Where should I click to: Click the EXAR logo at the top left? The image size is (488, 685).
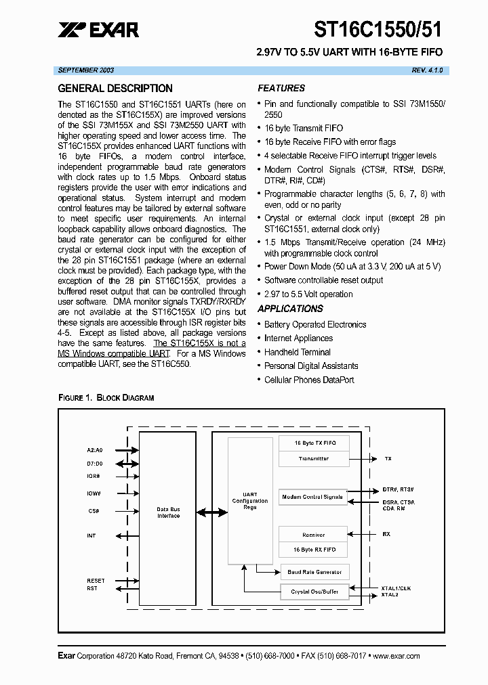coord(98,29)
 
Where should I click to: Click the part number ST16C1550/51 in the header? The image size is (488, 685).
coord(378,28)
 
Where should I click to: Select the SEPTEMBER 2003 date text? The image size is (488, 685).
coord(86,70)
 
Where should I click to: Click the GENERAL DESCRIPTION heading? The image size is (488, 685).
coord(115,89)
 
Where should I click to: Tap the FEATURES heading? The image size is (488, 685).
coord(281,89)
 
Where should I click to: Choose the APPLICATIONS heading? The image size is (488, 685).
coord(291,309)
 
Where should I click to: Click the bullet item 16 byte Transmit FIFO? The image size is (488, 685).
coord(304,128)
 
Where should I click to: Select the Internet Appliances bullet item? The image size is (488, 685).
coord(298,338)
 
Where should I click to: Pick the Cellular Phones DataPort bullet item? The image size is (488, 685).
coord(309,380)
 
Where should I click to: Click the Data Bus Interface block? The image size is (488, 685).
coord(168,513)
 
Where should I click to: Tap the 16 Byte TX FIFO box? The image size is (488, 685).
coord(313,443)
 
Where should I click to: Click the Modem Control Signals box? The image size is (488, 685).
coord(312,497)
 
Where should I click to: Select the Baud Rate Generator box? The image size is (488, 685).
coord(314,572)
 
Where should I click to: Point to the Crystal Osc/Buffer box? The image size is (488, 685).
coord(314,592)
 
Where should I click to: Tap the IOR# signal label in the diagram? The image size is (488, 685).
coord(94,476)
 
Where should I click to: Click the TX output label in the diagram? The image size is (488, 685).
coord(388,459)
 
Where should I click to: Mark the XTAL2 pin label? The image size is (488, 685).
coord(390,595)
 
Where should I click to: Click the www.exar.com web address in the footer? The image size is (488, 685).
coord(396,656)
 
